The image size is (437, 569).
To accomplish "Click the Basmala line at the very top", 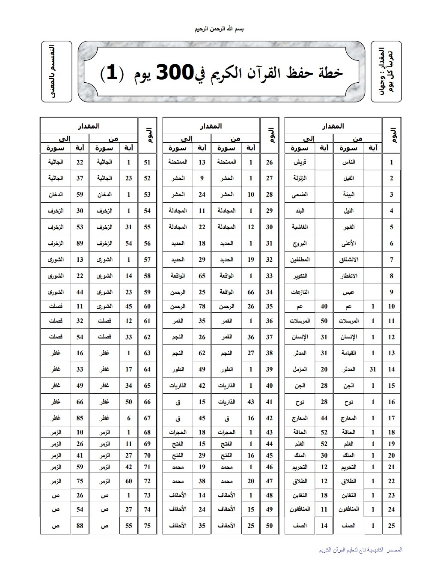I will point(219,29).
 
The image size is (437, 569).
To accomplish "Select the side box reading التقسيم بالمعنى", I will point(56,72).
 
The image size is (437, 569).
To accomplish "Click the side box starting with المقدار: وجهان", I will point(386,72).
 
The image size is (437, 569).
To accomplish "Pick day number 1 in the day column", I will point(391,162).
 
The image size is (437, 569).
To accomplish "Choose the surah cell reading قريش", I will point(300,162).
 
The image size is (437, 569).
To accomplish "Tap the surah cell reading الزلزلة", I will point(300,178).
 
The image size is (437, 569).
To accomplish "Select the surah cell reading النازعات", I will point(300,292).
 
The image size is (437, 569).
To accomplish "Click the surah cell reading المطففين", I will point(300,260).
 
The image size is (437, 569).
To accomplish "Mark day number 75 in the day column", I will point(147,526).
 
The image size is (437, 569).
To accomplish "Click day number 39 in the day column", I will point(269,369).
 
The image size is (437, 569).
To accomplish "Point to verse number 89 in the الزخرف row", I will point(80,243).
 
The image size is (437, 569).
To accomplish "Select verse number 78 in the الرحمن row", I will point(202,306).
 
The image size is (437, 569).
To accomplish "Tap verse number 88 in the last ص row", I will point(80,526).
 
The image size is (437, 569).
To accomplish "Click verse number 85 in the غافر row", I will point(80,418).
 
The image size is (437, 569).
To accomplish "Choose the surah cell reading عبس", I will point(348,292).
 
